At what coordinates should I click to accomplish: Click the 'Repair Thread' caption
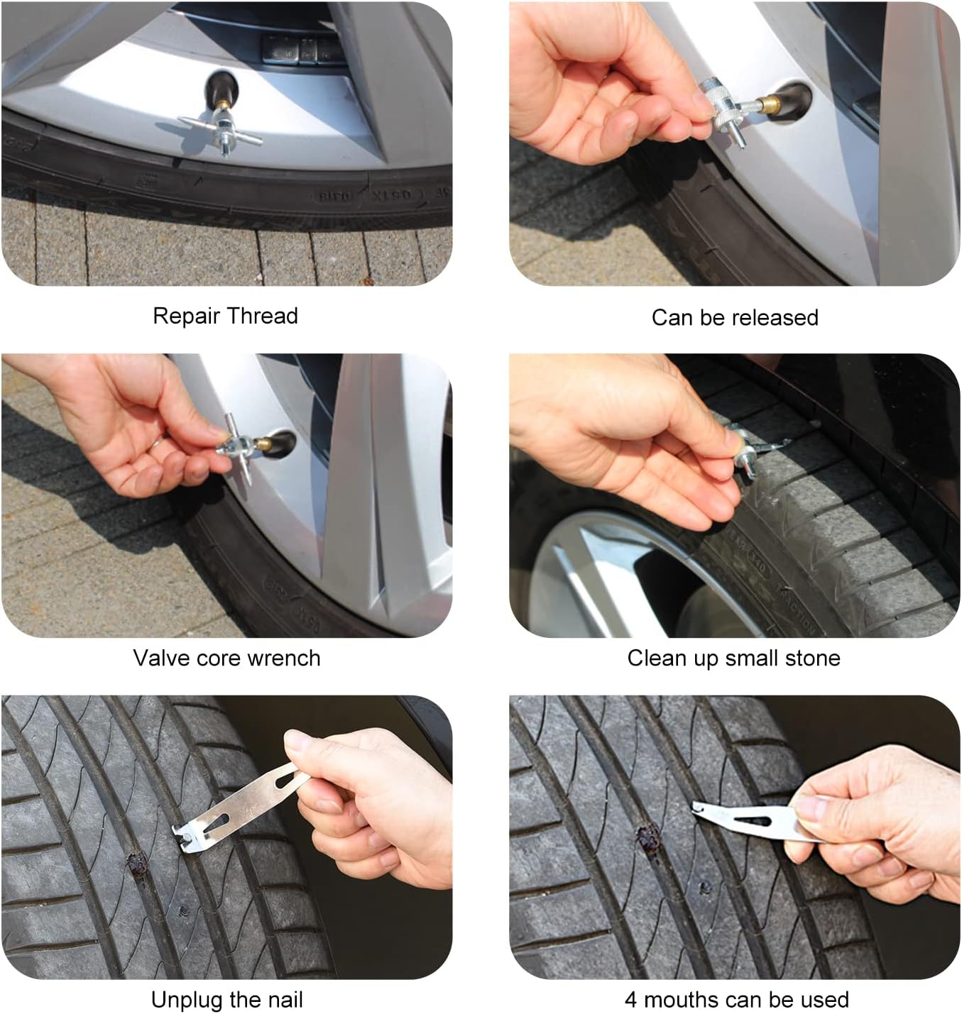tap(225, 316)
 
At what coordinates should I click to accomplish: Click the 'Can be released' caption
tap(735, 317)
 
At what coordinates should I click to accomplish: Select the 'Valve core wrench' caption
tap(226, 658)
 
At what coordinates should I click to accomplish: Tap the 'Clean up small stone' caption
tap(733, 658)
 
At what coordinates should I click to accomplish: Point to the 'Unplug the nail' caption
tap(226, 1000)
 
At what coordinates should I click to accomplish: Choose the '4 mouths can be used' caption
tap(736, 1000)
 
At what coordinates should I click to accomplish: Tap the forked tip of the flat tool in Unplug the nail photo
tap(184, 838)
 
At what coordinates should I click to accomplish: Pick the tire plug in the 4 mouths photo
tap(646, 838)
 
